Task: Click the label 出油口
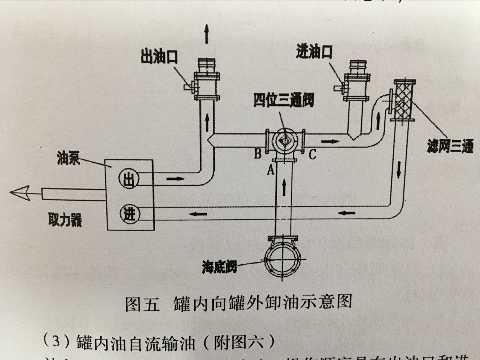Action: coord(159,58)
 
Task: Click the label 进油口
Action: coord(314,53)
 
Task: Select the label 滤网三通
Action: coord(450,146)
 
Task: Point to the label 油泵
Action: coord(68,158)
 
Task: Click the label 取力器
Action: coord(65,220)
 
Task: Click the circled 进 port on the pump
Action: coord(129,214)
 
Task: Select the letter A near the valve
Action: coord(271,169)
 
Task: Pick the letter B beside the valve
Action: coord(258,154)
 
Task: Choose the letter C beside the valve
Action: coord(312,155)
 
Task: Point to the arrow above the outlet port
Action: coord(206,34)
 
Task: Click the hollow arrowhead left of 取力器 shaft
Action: coord(20,193)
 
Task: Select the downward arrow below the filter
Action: coord(398,170)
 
